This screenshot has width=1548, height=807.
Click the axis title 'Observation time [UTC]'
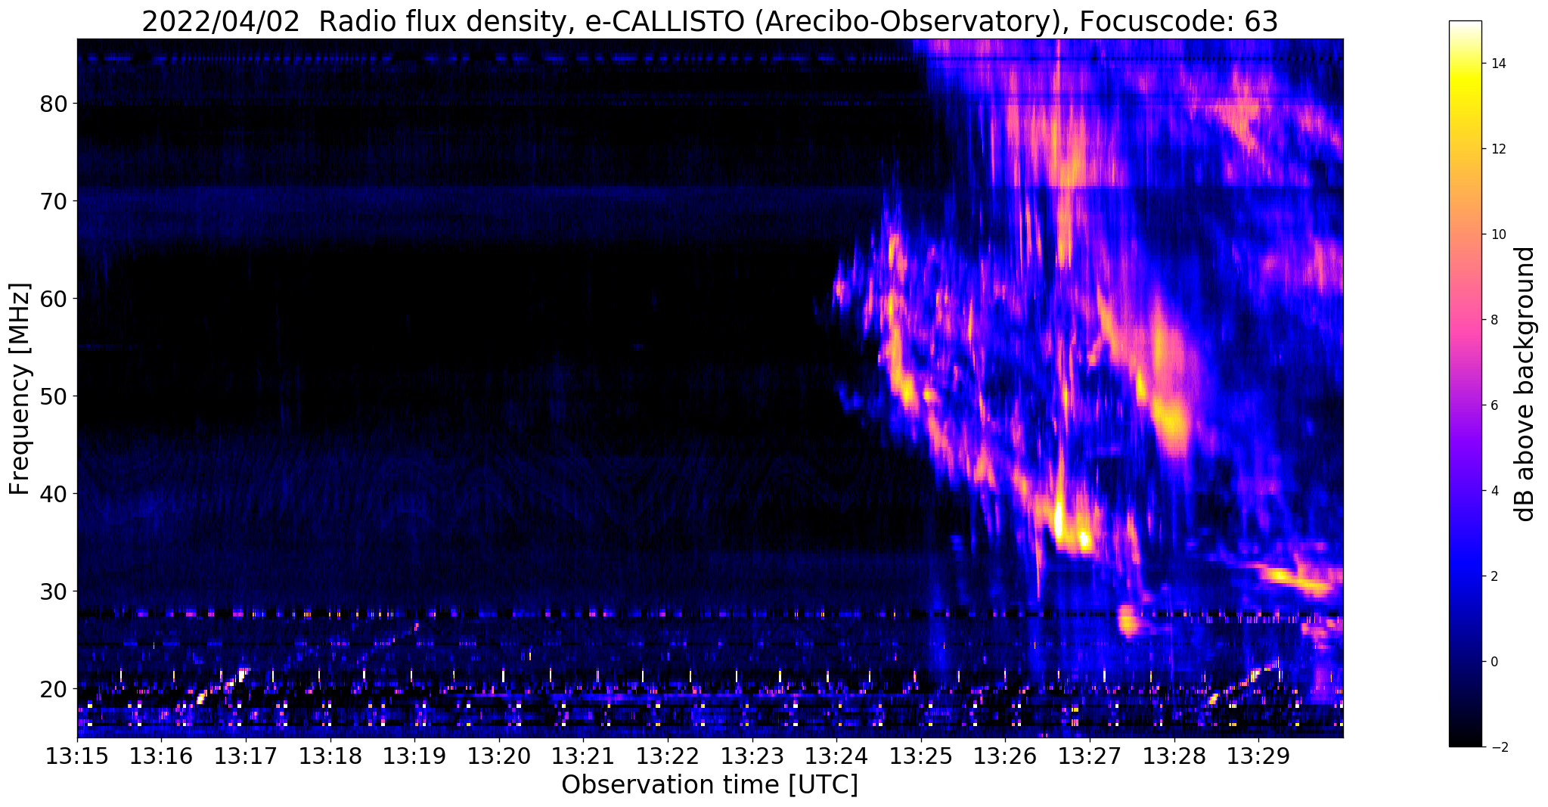(709, 785)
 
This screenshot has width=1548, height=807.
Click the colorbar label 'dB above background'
(1526, 384)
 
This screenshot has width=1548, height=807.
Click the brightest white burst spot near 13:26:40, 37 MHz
(1059, 520)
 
